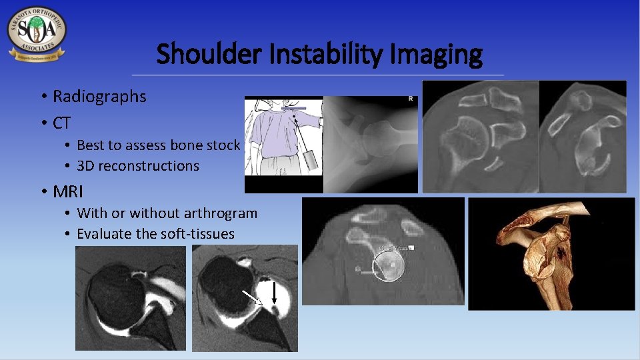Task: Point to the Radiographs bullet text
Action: (x=99, y=97)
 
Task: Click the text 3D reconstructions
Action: (x=138, y=166)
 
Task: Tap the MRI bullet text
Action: (x=68, y=192)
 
